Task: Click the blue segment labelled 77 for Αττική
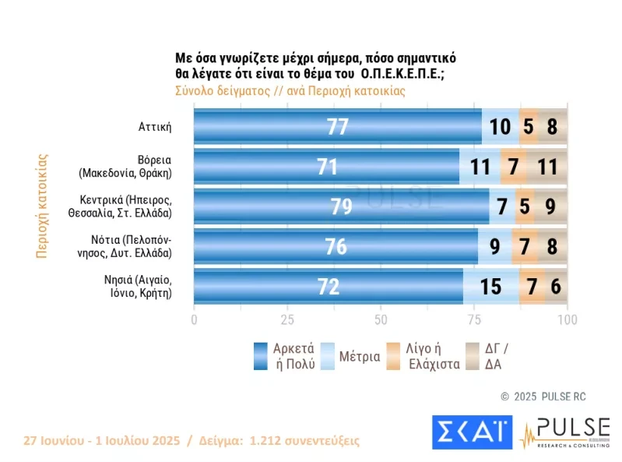(337, 126)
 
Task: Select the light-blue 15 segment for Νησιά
(490, 287)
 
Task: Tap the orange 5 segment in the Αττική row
(529, 126)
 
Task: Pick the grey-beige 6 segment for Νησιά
(556, 287)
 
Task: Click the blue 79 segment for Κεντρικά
(341, 206)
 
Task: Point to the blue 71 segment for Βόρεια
(326, 166)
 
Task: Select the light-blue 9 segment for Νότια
(495, 246)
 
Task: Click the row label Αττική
(154, 126)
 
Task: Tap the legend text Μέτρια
(360, 357)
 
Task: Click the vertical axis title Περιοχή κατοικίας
(44, 206)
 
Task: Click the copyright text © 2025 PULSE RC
(543, 397)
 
